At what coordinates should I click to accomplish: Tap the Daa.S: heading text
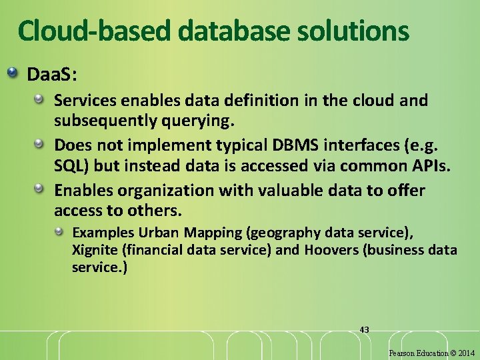click(x=52, y=74)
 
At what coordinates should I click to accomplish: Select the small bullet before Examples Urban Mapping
click(x=59, y=232)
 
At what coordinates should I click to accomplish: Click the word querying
click(x=201, y=122)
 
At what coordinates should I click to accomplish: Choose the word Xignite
click(x=94, y=250)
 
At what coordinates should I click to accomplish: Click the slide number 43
click(x=364, y=329)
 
